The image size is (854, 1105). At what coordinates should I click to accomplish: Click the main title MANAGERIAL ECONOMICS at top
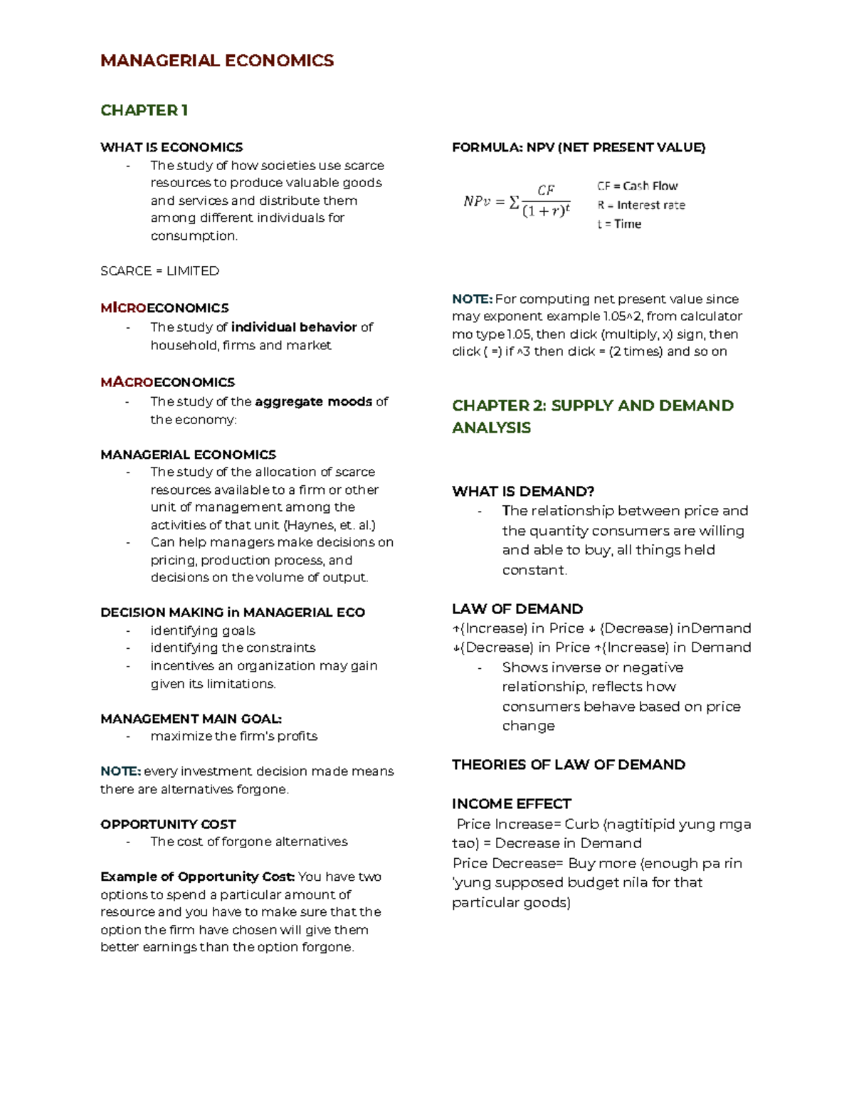217,60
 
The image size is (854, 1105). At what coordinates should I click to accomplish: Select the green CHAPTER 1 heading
144,110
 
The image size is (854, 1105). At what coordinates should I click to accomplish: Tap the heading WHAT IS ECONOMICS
172,147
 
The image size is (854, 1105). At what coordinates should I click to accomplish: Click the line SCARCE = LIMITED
159,271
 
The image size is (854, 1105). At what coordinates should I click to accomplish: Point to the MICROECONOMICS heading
164,308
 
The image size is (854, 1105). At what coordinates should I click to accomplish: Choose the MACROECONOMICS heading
167,382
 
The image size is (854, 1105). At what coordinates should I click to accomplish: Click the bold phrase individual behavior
293,327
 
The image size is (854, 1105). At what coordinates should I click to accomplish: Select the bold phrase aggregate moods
313,401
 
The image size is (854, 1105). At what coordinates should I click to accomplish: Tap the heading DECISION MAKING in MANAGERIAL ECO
233,613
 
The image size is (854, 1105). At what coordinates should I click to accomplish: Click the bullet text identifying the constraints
233,647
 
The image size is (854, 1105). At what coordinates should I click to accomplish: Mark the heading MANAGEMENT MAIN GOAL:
191,719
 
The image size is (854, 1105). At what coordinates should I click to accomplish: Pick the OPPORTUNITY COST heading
168,824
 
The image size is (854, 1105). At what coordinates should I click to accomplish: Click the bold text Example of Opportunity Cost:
197,877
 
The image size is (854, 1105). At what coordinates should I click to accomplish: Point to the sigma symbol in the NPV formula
514,202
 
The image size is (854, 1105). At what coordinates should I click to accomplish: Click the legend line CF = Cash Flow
637,186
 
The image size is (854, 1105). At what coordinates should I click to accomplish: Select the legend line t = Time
619,224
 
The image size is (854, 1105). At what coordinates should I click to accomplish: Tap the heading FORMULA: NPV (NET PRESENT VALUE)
579,147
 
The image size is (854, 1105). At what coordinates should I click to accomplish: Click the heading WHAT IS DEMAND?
523,492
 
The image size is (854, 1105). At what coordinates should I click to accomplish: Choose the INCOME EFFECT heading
511,804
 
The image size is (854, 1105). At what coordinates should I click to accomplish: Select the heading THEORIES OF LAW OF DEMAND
569,765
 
